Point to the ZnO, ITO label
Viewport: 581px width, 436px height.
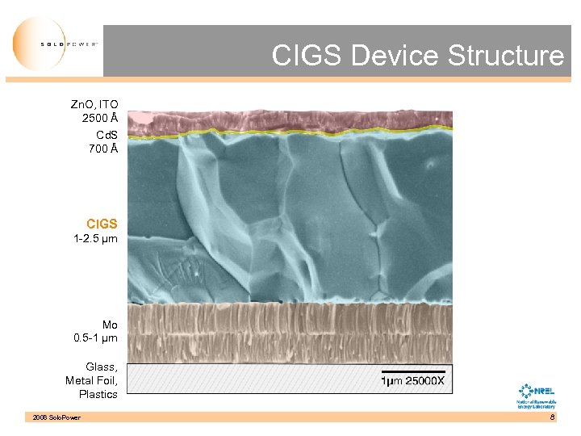[94, 105]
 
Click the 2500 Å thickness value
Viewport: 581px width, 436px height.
[100, 119]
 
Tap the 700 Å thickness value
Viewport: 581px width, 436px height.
[103, 149]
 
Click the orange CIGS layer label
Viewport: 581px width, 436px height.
[102, 224]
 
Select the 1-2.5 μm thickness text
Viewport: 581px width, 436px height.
[95, 239]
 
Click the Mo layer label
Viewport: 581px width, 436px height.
[110, 325]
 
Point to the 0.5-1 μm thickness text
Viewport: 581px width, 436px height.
[95, 338]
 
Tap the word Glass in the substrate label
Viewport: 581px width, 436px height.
[101, 367]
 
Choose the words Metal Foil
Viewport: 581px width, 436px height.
[92, 380]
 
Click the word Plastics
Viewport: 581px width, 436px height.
[98, 394]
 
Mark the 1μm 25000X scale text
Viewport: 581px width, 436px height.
[412, 379]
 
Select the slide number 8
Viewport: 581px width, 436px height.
[552, 417]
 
